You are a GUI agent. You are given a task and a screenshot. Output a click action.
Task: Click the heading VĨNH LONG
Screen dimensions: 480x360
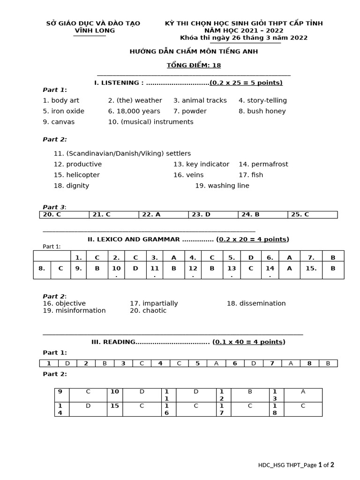pos(95,30)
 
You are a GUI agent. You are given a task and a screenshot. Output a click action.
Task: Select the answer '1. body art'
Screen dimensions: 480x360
pos(61,100)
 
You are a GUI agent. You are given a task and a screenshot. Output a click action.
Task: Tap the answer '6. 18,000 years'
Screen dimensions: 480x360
pos(134,111)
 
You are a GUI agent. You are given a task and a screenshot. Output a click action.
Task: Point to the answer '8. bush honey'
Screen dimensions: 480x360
pos(262,111)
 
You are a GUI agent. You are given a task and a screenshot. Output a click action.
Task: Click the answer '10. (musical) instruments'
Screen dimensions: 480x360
pos(150,122)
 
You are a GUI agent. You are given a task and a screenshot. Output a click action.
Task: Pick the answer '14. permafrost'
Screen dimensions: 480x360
pos(263,164)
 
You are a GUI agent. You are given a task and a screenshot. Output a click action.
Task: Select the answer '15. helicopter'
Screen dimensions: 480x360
pos(77,175)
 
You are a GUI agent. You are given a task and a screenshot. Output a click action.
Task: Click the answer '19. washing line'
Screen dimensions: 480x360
pos(222,186)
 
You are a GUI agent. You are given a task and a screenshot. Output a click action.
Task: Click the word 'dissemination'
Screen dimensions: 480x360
pos(256,303)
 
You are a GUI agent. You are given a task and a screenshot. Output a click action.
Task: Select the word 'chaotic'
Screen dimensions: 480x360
pos(154,310)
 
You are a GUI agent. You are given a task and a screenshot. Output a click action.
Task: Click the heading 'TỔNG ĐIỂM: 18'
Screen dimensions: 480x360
pos(194,66)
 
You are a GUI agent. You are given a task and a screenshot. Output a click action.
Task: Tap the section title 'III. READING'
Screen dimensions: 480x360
pos(113,342)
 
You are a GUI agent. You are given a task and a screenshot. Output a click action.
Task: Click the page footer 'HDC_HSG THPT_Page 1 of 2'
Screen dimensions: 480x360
pos(296,465)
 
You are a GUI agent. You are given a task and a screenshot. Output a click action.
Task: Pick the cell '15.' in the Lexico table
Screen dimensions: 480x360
pos(311,269)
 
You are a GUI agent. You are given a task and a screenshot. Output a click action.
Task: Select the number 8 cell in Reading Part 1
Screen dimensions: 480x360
pos(309,363)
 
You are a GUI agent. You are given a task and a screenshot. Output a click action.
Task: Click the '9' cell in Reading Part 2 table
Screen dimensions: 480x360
pos(60,392)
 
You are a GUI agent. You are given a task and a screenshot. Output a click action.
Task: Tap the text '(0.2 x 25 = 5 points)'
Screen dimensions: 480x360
pos(246,83)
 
